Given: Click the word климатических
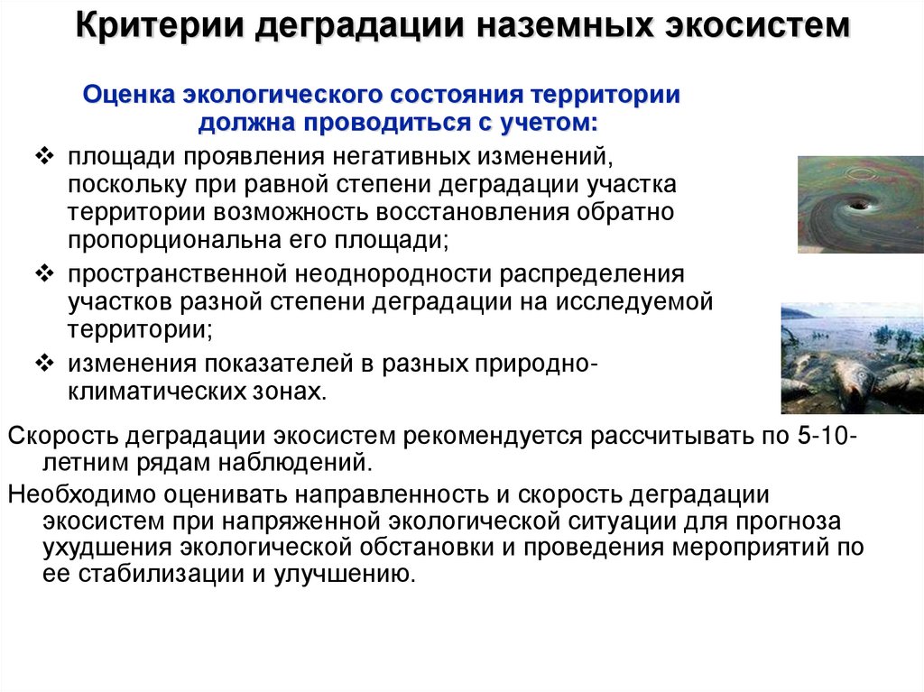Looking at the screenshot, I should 170,392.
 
